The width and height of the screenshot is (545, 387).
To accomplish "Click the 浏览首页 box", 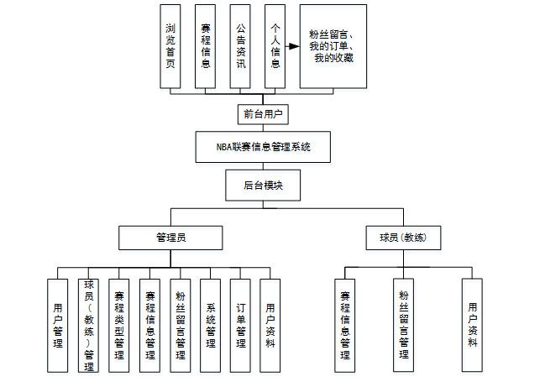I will pos(170,46).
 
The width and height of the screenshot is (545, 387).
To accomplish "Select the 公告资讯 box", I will pos(240,46).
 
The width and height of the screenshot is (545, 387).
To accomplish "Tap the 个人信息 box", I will pos(275,46).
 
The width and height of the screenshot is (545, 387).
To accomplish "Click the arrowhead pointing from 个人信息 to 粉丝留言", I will pos(293,47).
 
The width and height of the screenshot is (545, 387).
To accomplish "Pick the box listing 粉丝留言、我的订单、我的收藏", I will pos(333,46).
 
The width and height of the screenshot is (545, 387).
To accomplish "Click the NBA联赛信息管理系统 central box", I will pos(263,147).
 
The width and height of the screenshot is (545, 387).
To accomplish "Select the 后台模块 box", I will pos(263,185).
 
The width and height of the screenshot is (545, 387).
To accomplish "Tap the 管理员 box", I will pos(170,238).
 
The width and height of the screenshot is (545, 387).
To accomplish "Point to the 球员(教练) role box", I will pos(402,238).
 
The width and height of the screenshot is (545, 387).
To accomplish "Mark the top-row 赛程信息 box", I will pos(205,46).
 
